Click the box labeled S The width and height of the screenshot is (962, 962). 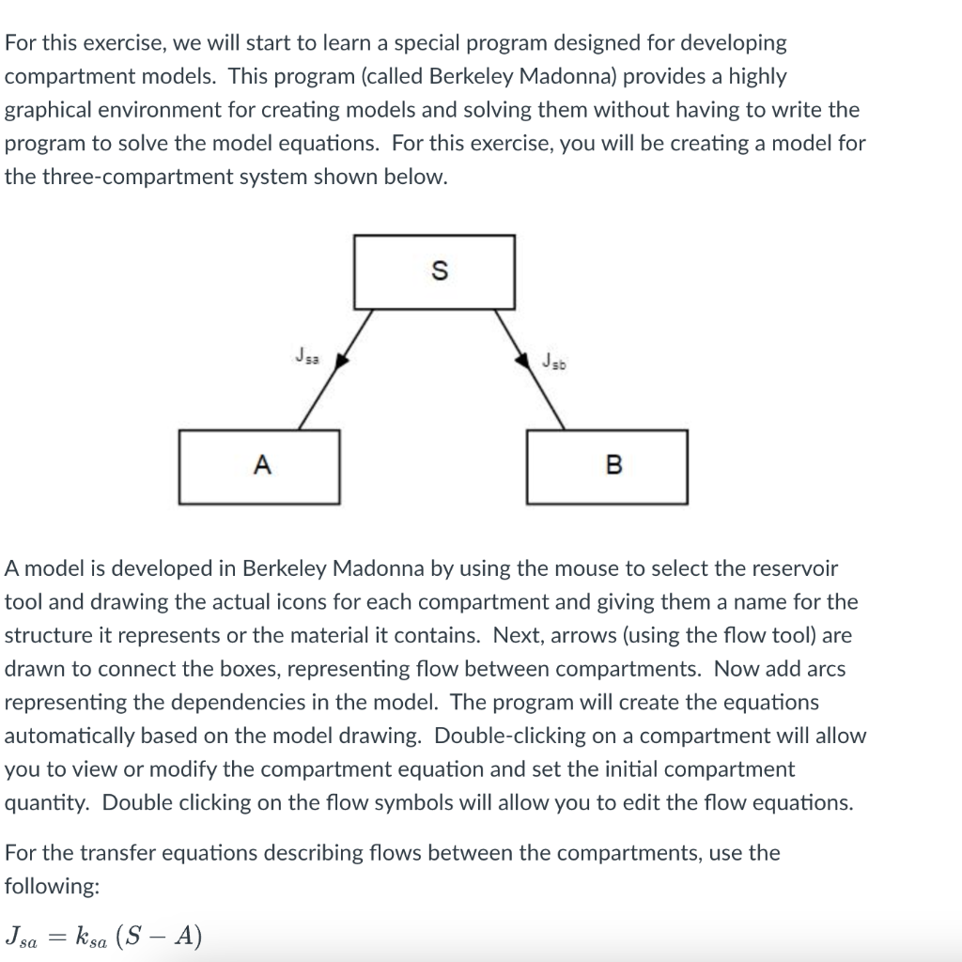tap(434, 272)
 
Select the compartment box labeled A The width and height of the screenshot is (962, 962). tap(259, 466)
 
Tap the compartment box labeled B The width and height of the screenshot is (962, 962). tap(607, 466)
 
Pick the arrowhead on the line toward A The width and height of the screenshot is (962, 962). tap(342, 358)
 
